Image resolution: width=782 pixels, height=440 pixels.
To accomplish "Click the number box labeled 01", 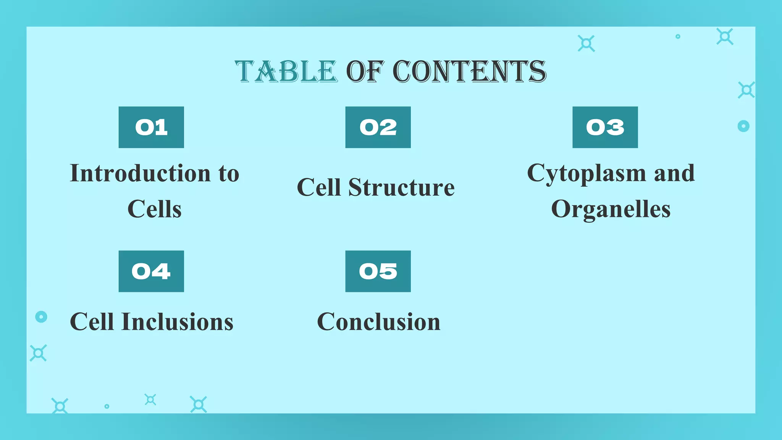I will click(151, 127).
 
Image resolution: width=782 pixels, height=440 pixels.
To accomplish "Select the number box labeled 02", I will click(378, 127).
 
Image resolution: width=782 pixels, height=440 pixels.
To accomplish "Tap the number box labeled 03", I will click(605, 127).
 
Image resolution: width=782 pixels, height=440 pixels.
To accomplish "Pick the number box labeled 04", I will click(151, 271).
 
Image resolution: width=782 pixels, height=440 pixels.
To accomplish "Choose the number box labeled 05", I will click(378, 271).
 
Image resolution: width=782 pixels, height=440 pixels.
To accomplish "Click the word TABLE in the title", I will click(286, 71).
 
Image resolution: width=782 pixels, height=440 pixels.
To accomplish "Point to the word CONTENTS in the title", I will click(469, 71).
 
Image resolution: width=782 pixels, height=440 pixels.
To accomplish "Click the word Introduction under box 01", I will click(141, 173).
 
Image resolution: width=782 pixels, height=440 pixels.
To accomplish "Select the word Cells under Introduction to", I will click(155, 209).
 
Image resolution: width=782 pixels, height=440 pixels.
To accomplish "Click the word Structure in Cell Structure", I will click(401, 188).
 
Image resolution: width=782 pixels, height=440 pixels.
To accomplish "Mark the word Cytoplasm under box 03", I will click(586, 173).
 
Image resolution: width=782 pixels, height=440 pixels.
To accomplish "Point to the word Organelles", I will click(611, 209).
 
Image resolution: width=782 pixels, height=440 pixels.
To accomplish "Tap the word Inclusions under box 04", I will click(178, 322).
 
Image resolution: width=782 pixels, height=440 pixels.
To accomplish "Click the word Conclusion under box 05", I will click(379, 322).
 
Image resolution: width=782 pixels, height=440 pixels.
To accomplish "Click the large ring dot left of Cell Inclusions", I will click(41, 317).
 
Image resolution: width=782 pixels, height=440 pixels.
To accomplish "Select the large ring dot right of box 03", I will click(743, 126).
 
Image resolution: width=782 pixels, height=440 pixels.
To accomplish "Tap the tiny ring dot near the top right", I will click(678, 37).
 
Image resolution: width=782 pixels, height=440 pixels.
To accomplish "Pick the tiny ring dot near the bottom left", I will click(107, 406).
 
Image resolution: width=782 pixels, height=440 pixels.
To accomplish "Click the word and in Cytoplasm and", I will click(674, 173).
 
